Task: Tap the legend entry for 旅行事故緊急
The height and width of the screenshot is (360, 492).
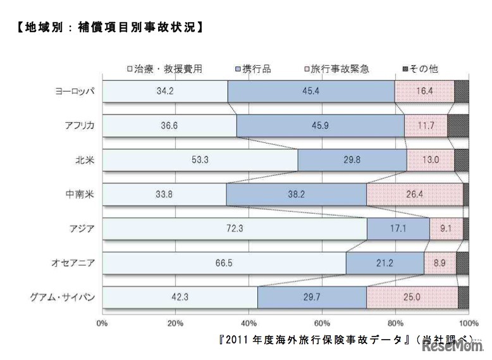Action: [338, 69]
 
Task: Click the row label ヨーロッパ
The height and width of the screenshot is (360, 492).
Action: [74, 91]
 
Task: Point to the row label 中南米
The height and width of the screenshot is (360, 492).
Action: [82, 194]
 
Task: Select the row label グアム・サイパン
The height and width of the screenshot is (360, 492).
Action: [66, 297]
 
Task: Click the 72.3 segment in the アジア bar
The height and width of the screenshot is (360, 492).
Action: [234, 228]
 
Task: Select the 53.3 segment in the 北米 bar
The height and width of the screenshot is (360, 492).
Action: [199, 160]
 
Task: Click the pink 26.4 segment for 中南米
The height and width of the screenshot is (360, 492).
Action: [414, 194]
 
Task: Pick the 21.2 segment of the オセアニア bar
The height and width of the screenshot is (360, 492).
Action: [384, 263]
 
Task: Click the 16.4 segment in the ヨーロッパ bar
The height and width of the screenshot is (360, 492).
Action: [424, 91]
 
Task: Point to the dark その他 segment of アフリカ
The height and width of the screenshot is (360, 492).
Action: [458, 125]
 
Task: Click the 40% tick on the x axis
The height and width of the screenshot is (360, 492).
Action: [249, 323]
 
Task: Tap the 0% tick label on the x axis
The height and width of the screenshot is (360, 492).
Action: [102, 323]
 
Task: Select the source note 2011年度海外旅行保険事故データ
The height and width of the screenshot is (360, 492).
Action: [310, 339]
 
